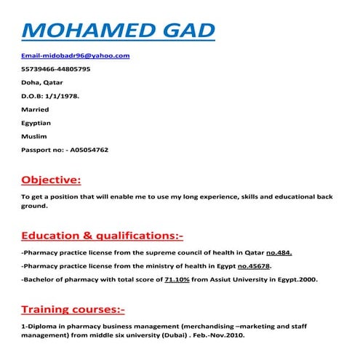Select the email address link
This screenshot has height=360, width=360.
pos(76,55)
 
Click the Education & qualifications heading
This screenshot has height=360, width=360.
pos(103,236)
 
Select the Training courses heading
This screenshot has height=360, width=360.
pos(73,308)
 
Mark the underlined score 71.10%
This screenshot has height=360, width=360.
pos(178,279)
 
